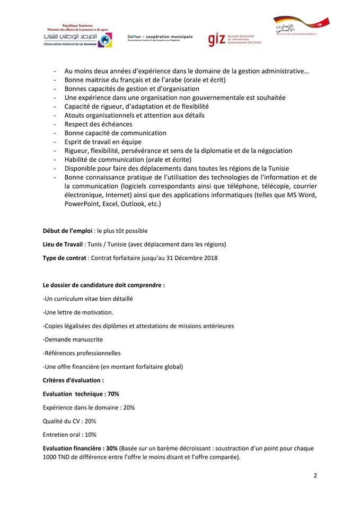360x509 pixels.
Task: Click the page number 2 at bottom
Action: point(315,475)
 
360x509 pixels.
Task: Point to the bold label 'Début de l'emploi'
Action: point(67,231)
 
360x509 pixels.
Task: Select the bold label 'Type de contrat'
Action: point(65,258)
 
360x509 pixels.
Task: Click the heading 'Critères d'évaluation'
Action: point(73,380)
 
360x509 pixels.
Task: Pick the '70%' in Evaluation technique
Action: point(113,394)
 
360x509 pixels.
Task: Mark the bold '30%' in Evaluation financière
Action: point(111,449)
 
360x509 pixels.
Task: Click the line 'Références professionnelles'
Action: point(82,353)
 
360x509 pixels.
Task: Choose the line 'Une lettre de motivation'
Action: point(78,312)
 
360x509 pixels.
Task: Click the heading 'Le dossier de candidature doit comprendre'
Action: point(103,285)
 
